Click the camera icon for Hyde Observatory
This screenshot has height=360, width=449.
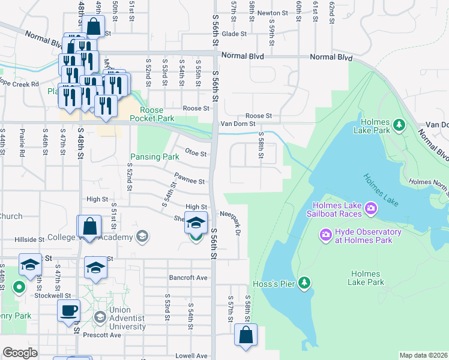click(326, 233)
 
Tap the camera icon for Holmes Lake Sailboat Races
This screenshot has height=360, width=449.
click(371, 208)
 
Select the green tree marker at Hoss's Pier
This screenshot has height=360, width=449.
click(305, 282)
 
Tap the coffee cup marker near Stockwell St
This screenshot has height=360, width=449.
click(68, 310)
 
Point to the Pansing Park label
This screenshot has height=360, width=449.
click(155, 157)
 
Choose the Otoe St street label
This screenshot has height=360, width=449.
click(196, 152)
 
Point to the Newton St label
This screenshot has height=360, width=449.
click(270, 13)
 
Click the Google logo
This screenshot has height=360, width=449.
click(20, 353)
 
